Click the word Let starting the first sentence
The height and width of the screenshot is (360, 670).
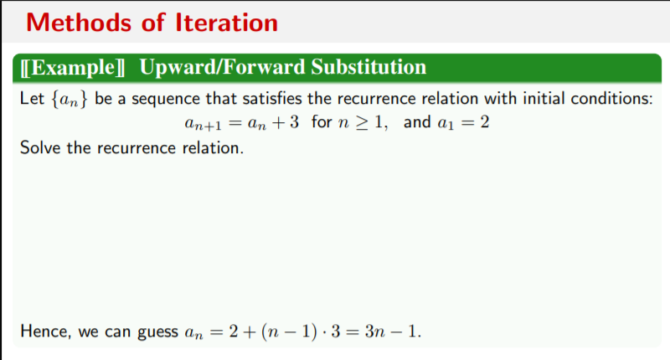coord(31,98)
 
